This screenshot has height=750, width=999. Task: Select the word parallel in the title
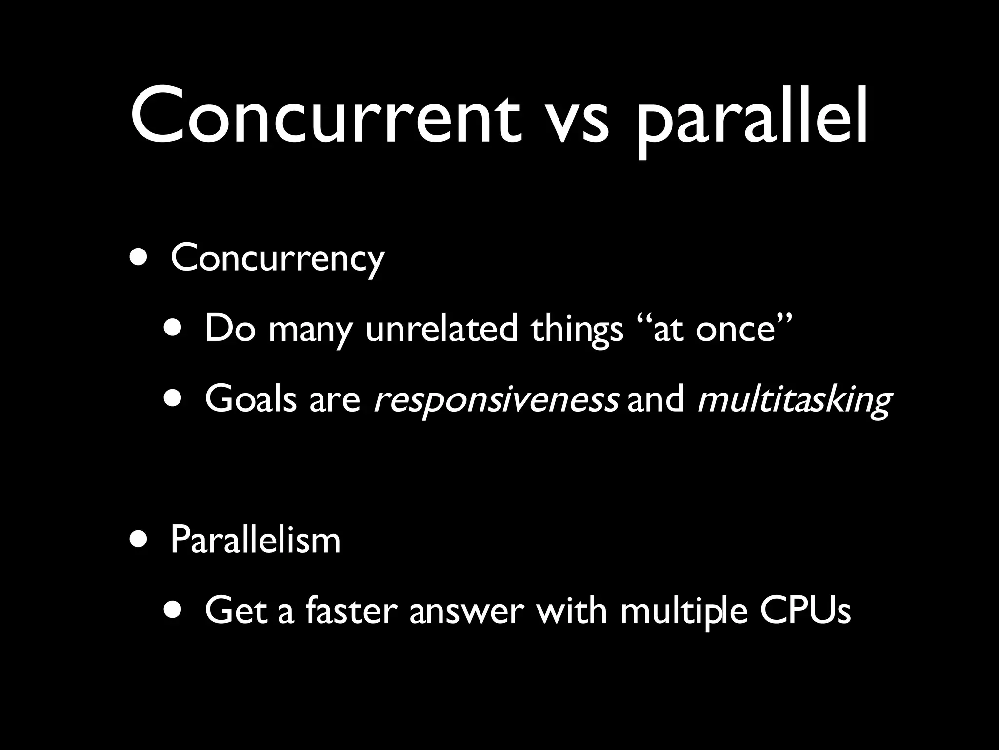click(751, 117)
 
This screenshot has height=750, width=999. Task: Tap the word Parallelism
click(255, 540)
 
